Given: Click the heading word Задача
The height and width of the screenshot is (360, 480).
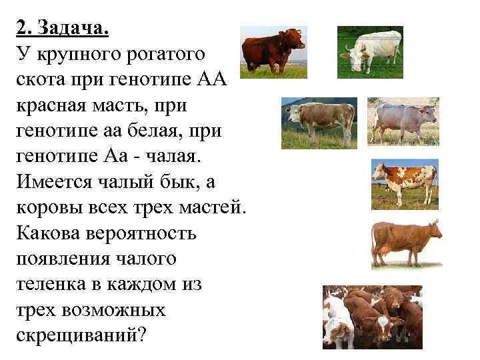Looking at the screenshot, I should click(x=73, y=29).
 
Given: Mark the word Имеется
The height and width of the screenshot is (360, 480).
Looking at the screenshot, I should click(x=56, y=183).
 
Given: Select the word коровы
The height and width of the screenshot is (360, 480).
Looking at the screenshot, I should click(x=47, y=208).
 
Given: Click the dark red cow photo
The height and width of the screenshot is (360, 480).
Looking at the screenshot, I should click(x=273, y=52).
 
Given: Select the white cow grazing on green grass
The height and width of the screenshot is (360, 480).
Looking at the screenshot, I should click(x=369, y=51).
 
